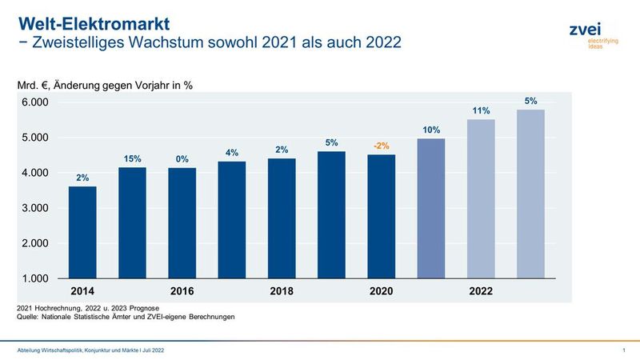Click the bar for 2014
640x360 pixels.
click(82, 232)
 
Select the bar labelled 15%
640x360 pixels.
click(133, 222)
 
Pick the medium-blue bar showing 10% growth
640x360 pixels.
click(431, 208)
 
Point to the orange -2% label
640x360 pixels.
click(381, 146)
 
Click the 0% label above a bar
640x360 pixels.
click(182, 159)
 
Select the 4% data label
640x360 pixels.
click(232, 153)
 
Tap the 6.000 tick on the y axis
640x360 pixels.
click(35, 102)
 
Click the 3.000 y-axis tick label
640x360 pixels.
click(35, 208)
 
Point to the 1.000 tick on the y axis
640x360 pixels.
click(35, 278)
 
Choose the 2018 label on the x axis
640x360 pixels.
click(282, 291)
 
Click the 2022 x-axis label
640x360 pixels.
click(481, 291)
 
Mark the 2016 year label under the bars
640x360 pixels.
click(182, 291)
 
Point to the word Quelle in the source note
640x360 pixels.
click(29, 318)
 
